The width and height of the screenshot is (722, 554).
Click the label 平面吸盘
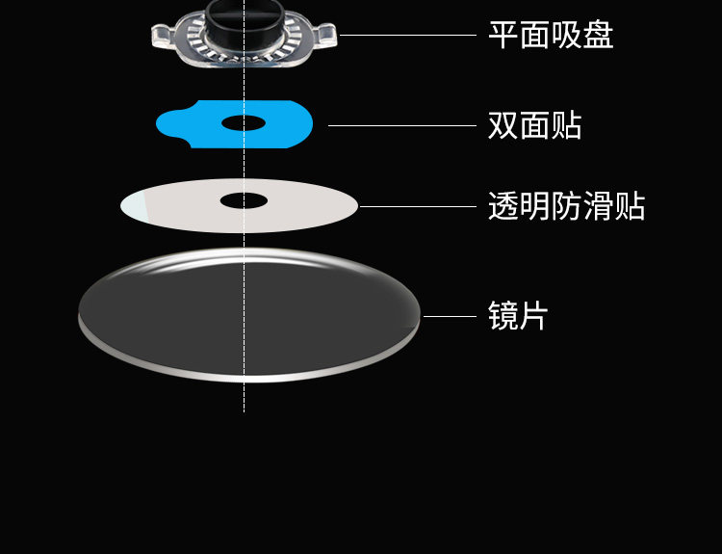[x=551, y=36]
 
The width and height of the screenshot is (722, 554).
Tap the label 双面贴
[x=534, y=125]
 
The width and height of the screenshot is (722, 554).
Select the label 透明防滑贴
[x=566, y=206]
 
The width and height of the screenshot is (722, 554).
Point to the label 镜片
[x=518, y=316]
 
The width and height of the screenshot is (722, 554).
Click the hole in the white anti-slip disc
[x=244, y=200]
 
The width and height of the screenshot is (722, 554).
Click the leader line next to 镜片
[x=450, y=316]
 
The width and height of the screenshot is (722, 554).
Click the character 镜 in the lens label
[x=503, y=316]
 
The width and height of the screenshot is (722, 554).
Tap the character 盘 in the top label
[x=598, y=36]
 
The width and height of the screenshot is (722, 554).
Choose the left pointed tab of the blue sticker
[x=168, y=123]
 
